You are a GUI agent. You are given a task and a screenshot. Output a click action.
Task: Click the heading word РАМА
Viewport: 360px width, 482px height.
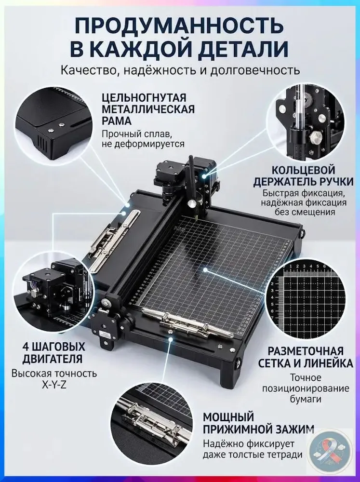click(x=117, y=121)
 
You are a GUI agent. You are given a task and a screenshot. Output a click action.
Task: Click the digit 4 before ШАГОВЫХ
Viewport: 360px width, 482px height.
click(x=26, y=347)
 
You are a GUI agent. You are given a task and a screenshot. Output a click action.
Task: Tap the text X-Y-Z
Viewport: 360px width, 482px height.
click(x=54, y=385)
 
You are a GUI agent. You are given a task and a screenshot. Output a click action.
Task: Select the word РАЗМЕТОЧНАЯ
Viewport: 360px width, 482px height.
click(x=305, y=351)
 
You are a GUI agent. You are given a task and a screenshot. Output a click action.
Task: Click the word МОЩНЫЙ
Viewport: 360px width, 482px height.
click(x=228, y=417)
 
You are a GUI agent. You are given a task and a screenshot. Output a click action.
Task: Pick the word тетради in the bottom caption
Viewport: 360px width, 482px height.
click(x=287, y=455)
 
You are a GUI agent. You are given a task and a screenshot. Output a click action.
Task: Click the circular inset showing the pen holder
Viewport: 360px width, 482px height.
click(x=304, y=122)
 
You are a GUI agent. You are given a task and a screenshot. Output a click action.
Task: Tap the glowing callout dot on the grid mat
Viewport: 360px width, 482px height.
click(x=205, y=269)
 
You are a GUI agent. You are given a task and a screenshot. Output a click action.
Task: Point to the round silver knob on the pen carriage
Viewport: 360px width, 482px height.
click(x=192, y=203)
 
